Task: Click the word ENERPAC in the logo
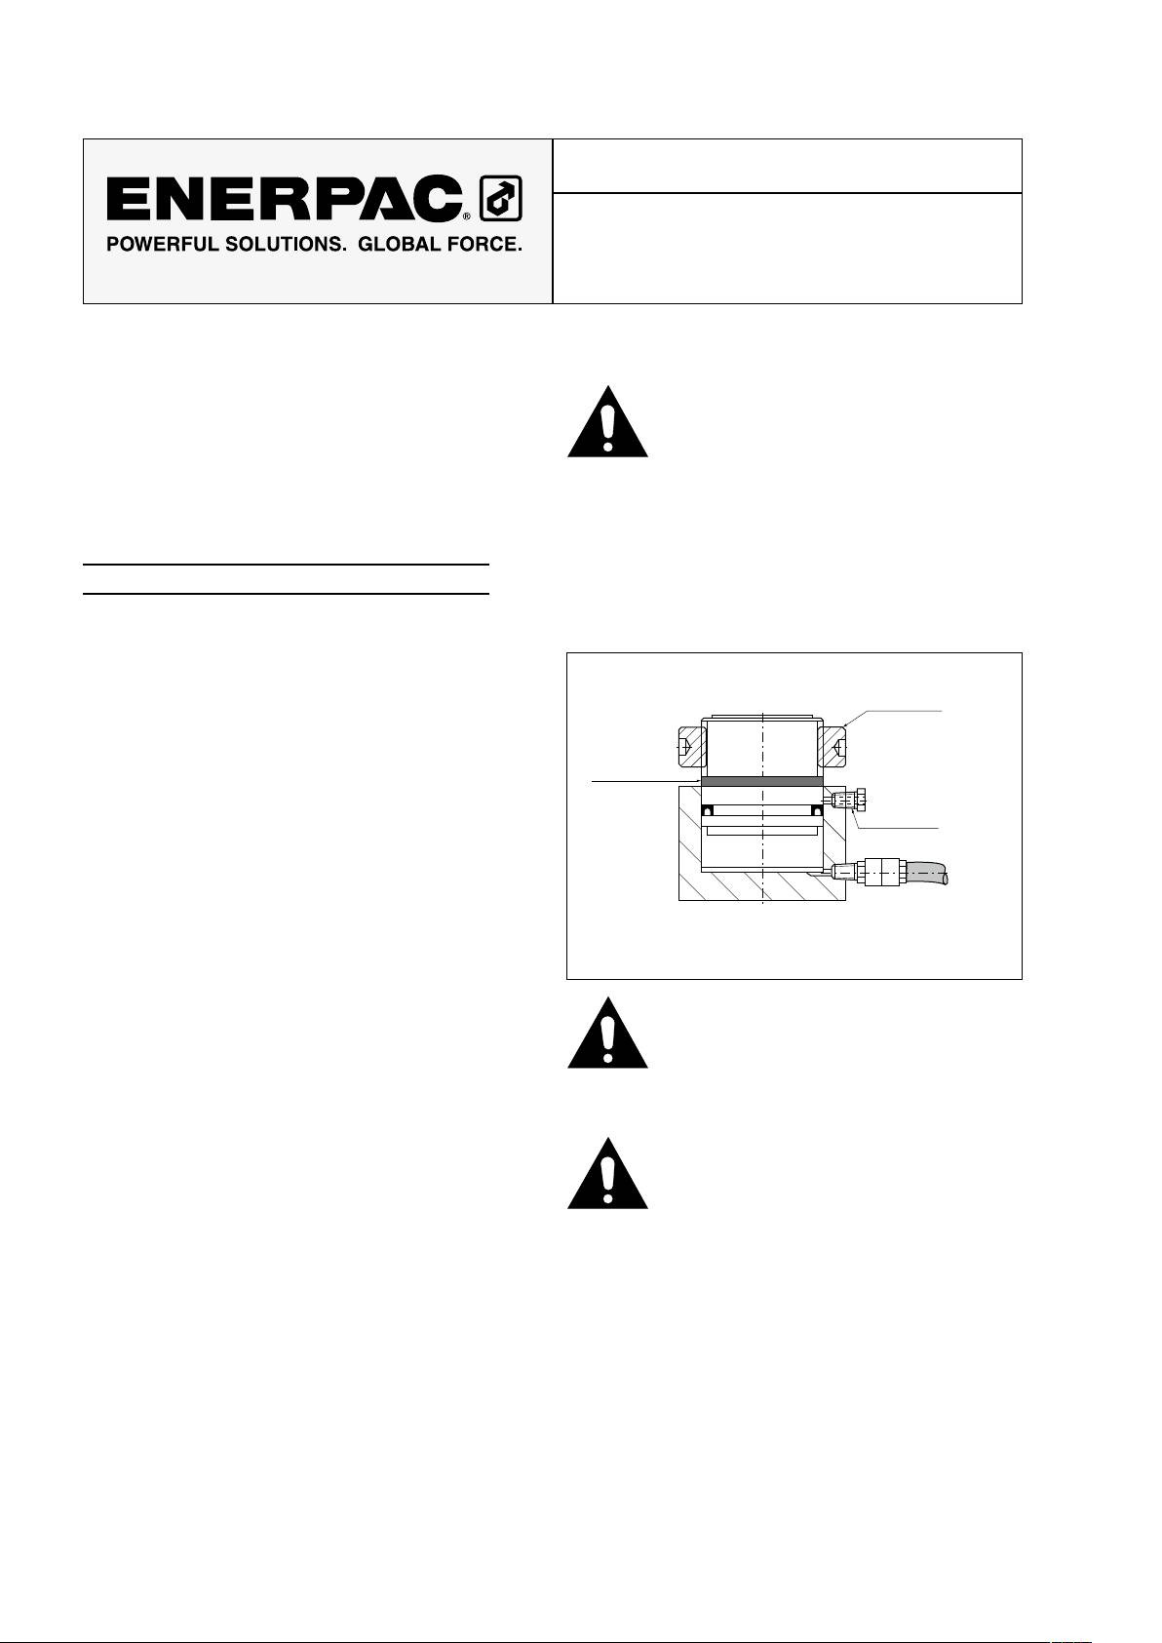(x=284, y=199)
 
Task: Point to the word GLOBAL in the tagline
(x=396, y=244)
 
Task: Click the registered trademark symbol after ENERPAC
(x=467, y=215)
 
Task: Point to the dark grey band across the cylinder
(x=762, y=782)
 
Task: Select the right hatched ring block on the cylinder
(x=833, y=747)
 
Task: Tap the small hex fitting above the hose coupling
(x=843, y=802)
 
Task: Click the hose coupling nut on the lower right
(x=880, y=871)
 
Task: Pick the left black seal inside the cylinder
(x=710, y=810)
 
